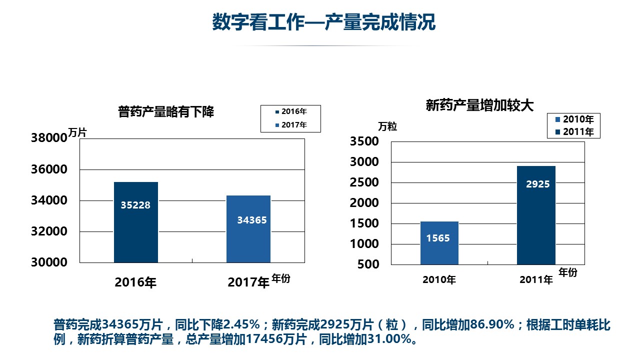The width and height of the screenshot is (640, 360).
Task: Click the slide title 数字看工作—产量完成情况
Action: tap(323, 22)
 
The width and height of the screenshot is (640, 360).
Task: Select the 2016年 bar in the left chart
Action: tap(135, 222)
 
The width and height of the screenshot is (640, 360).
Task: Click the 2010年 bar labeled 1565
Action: tap(439, 243)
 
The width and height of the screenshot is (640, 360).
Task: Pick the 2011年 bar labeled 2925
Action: tap(536, 215)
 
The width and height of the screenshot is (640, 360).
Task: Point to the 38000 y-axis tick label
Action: tap(48, 138)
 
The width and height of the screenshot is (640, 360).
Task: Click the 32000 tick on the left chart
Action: tap(48, 231)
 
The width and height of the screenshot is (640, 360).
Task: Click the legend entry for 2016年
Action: tap(291, 111)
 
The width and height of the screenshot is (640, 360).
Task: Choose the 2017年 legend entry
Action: tap(291, 125)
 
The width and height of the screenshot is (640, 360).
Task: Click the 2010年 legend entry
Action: tap(575, 119)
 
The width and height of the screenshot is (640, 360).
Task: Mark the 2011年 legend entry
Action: tap(575, 132)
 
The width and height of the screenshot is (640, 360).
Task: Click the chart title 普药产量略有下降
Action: tap(166, 111)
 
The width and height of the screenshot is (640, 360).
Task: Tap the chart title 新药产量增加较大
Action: tap(479, 105)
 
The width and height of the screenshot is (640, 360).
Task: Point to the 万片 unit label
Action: tap(77, 133)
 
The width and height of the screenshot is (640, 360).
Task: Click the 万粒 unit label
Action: tap(387, 126)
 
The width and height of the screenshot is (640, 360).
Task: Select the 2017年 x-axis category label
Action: tap(248, 283)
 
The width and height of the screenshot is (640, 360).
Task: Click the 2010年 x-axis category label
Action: tap(439, 280)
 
